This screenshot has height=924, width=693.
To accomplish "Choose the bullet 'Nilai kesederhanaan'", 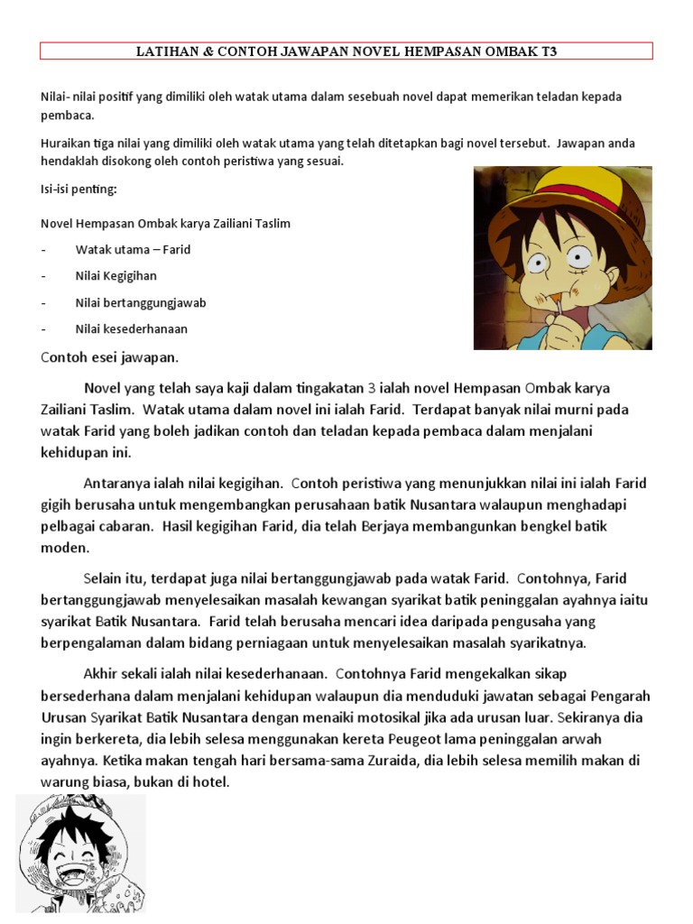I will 131,328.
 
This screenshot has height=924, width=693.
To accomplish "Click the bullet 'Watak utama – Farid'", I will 133,249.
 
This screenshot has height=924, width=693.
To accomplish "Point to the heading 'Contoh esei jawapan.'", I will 109,356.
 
